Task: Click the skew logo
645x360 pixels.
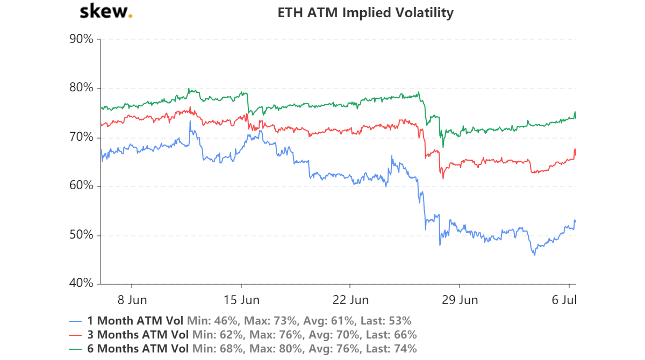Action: (105, 12)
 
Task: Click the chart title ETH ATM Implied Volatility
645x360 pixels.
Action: (365, 12)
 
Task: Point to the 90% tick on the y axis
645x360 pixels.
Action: (82, 39)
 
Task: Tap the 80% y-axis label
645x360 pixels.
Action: (82, 88)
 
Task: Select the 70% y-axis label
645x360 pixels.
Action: (82, 138)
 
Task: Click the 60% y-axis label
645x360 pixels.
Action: (82, 186)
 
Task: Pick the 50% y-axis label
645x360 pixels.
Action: (82, 235)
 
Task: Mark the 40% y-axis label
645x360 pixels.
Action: (82, 284)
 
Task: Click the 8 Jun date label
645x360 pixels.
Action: (132, 299)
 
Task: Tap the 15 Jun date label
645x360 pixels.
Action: (241, 299)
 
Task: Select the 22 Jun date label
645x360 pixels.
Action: (350, 299)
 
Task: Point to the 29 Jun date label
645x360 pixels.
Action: (460, 299)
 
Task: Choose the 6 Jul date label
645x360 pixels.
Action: (565, 299)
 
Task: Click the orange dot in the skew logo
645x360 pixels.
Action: (131, 16)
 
